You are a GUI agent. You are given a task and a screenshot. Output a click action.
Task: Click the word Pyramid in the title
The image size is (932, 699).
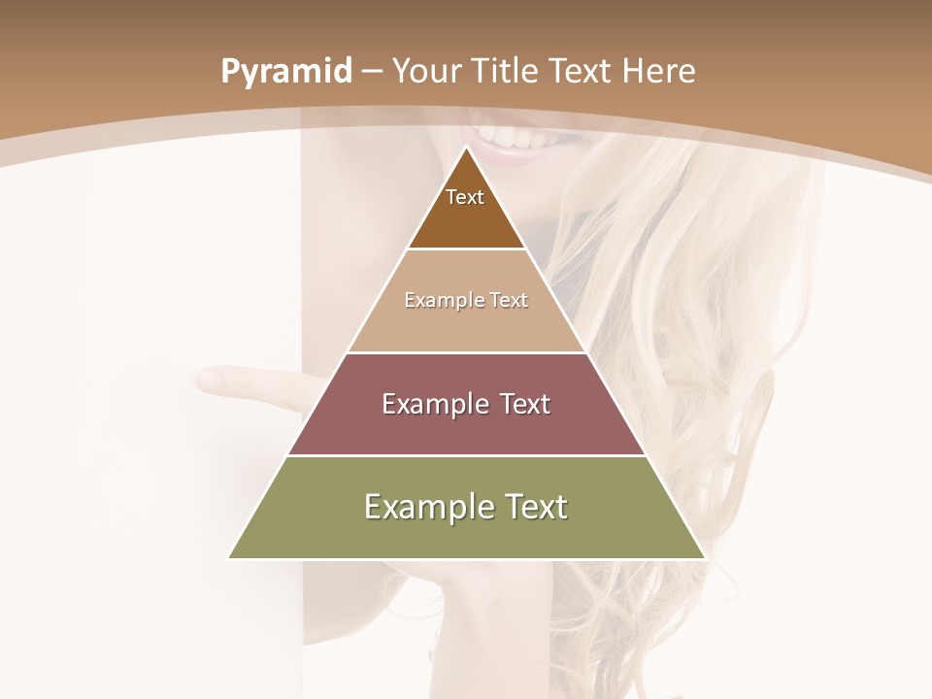point(285,72)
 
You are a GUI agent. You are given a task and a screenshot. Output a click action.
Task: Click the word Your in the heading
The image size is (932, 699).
point(427,71)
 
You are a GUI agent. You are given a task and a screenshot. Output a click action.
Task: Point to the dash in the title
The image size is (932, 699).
point(372,72)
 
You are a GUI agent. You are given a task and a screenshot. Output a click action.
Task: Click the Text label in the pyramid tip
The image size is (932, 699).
point(465,197)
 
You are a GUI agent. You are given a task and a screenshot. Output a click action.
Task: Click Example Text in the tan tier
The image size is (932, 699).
point(466,300)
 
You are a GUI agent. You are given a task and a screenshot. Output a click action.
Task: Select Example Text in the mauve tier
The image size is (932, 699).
point(466,404)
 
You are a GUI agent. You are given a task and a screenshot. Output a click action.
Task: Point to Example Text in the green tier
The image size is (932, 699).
point(466,507)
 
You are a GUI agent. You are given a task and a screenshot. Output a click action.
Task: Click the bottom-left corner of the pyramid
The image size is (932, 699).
point(230,557)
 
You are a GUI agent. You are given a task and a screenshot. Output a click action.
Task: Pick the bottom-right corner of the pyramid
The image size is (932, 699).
point(704,557)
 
